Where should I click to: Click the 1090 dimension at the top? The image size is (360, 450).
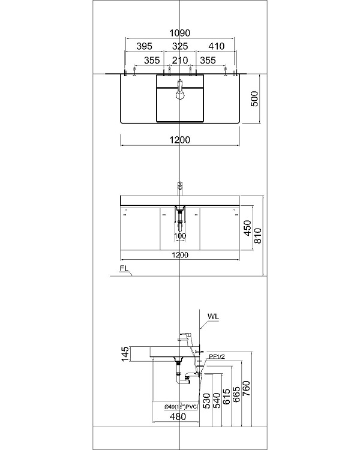(180, 33)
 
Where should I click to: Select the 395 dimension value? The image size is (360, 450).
(144, 46)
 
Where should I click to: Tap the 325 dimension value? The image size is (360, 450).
(180, 46)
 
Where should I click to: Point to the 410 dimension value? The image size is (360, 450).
(216, 46)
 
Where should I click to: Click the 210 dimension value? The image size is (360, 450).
(180, 60)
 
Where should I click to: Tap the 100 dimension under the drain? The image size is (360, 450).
(180, 236)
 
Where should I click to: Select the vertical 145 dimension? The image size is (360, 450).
(125, 355)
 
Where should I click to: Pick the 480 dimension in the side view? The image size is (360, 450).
(177, 417)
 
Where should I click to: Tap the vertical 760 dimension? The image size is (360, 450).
(246, 394)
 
